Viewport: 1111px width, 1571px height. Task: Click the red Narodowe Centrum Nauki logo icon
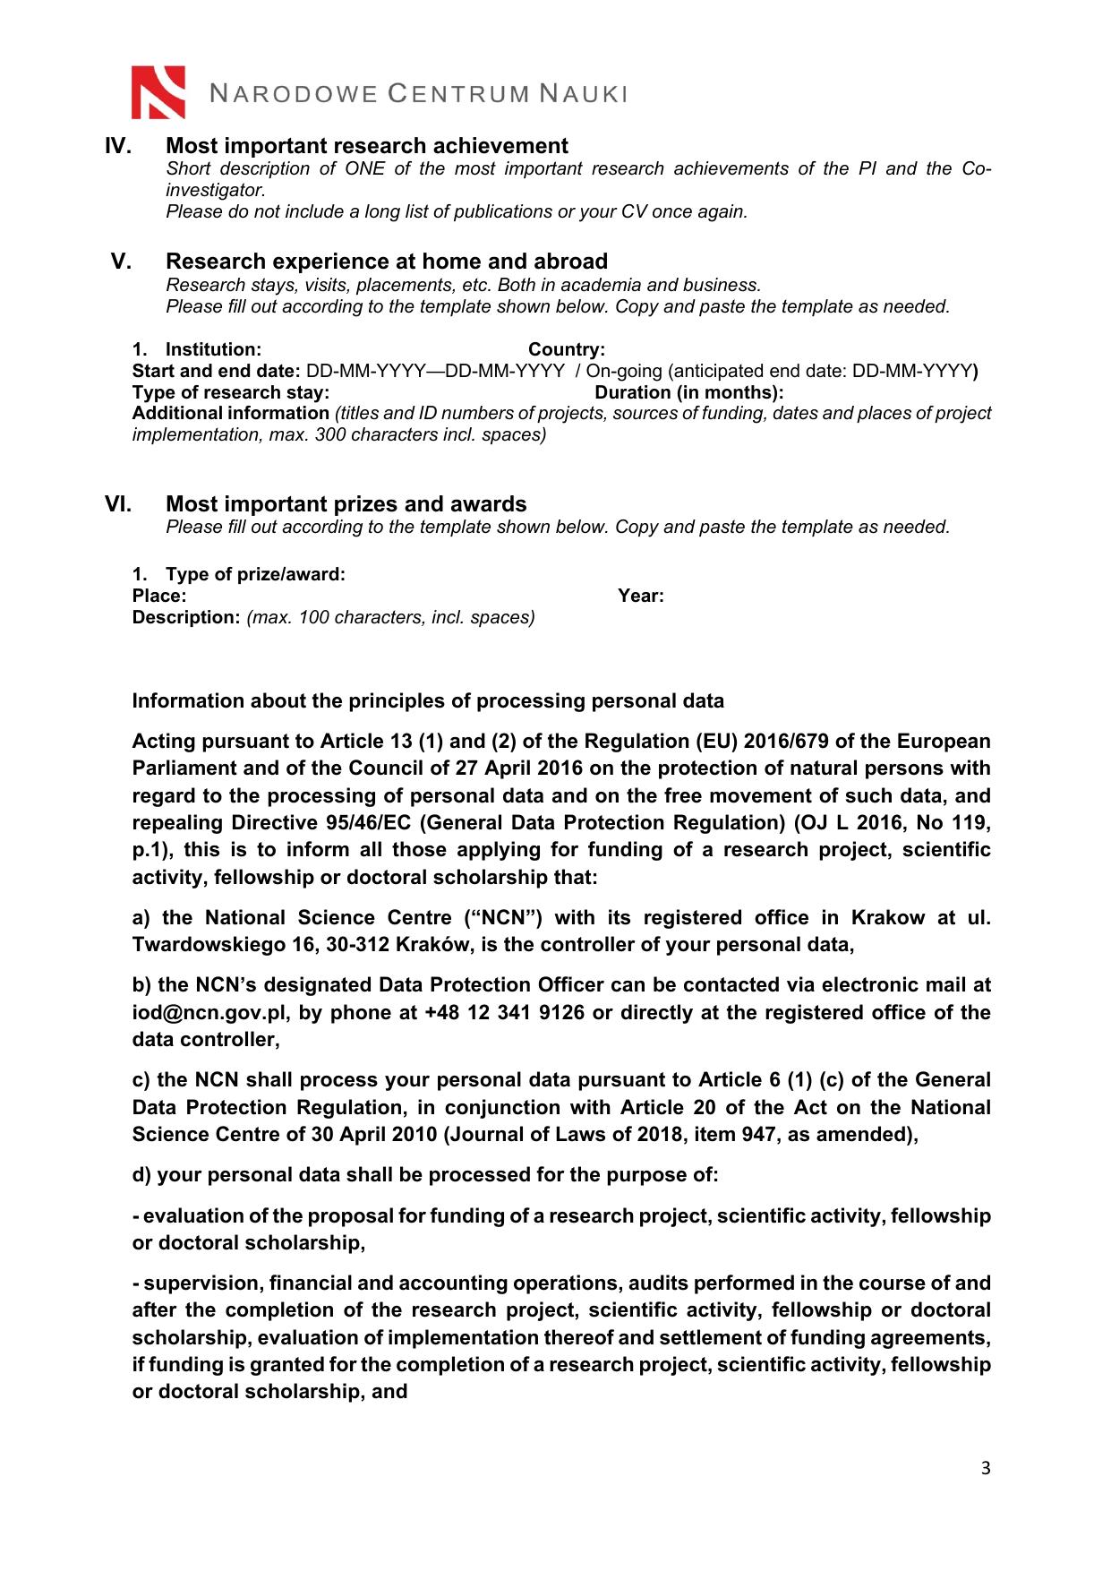[x=158, y=92]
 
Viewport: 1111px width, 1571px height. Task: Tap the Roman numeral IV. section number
[x=118, y=146]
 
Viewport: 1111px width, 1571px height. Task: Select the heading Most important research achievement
[x=367, y=146]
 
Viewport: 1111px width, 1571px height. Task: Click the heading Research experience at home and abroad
[x=387, y=262]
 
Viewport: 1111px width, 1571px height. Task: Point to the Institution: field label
[x=213, y=349]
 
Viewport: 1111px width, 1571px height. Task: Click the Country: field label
[x=567, y=349]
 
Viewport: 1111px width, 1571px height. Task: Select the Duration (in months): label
[x=689, y=392]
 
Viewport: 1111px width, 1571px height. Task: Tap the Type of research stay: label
[x=231, y=392]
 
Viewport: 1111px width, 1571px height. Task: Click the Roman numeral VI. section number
[x=118, y=504]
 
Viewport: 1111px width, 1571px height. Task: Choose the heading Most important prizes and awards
[x=346, y=504]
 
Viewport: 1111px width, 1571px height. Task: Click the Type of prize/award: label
[x=255, y=574]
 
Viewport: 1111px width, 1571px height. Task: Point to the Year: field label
[x=641, y=596]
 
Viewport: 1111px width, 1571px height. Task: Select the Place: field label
[x=159, y=596]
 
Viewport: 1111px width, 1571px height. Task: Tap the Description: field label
[x=186, y=617]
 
